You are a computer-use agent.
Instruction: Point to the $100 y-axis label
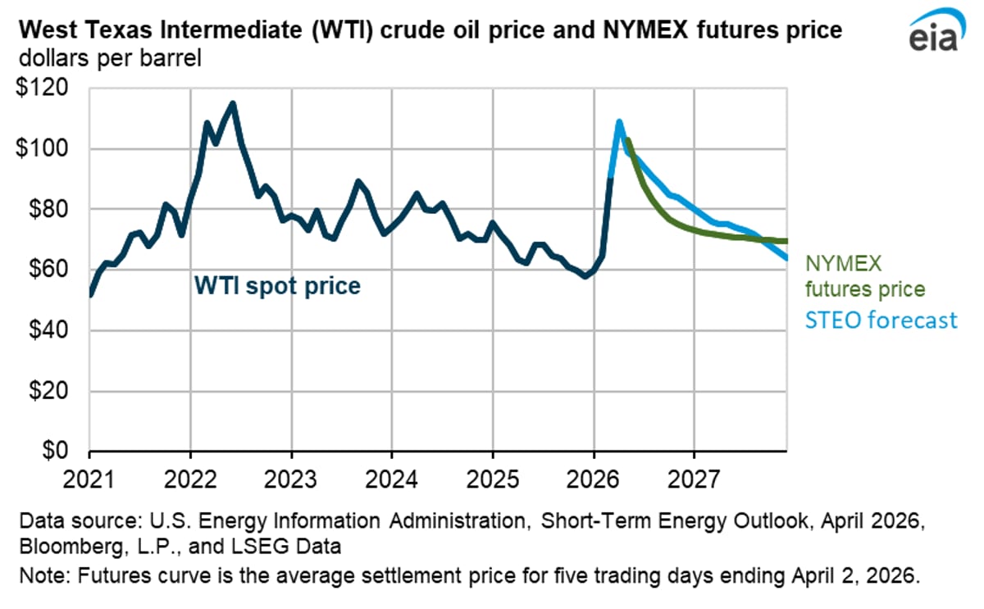click(x=43, y=148)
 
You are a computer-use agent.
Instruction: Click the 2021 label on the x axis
click(x=89, y=477)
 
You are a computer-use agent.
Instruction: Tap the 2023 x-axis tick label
click(x=291, y=477)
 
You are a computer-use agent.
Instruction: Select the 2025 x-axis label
click(x=493, y=477)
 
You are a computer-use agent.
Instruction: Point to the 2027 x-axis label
click(x=695, y=477)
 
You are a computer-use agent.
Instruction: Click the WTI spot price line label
click(x=277, y=286)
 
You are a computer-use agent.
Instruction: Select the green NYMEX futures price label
click(x=864, y=276)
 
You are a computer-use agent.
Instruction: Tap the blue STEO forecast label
click(x=880, y=319)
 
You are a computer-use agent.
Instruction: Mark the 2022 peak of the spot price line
click(x=233, y=103)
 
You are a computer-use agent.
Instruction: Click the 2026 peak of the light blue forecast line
click(x=619, y=121)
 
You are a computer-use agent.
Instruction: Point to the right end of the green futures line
click(x=786, y=241)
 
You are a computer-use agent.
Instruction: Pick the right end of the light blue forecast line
click(x=786, y=258)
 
